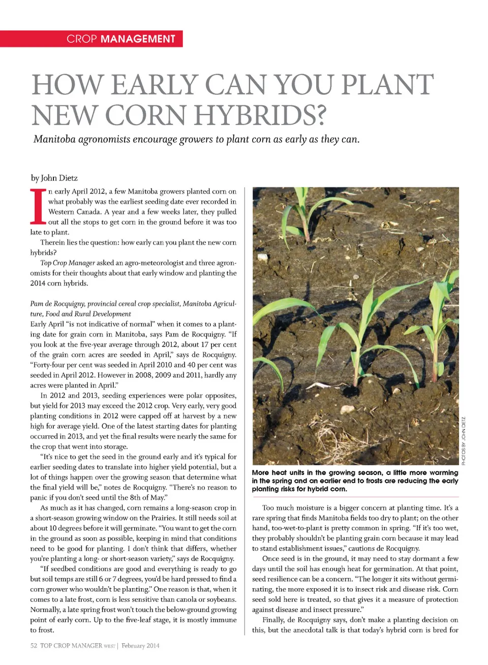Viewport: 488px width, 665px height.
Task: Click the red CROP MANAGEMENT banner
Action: point(91,39)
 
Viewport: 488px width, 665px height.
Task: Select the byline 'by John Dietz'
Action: point(54,178)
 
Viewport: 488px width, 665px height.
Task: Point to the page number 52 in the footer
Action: point(34,646)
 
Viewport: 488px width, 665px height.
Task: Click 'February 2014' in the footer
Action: point(140,646)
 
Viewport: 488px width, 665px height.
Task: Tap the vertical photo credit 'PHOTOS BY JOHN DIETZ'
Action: point(463,440)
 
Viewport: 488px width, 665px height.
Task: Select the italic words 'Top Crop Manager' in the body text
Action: point(68,263)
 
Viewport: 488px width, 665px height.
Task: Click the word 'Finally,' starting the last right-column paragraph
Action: point(273,620)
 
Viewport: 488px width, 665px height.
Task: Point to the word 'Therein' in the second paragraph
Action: point(52,243)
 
